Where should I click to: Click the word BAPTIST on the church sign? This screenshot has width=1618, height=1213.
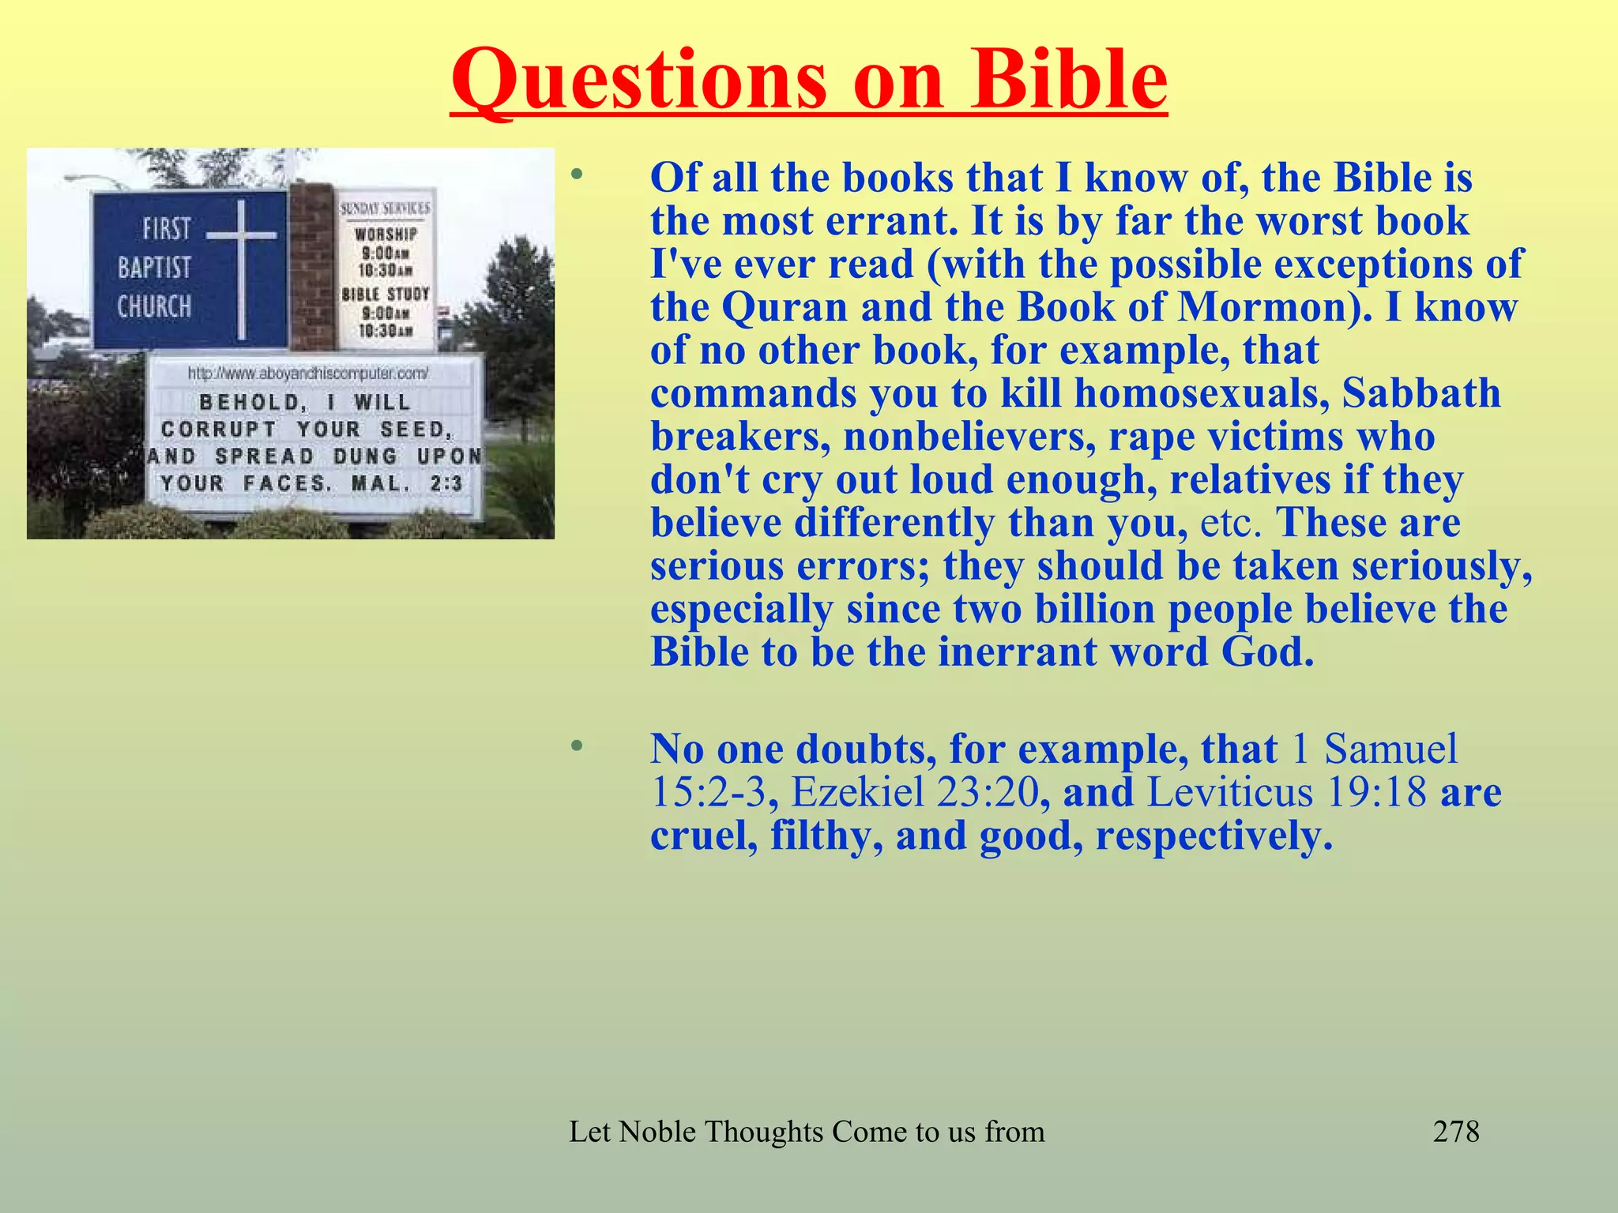155,268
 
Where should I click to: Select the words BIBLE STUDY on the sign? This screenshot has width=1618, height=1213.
386,295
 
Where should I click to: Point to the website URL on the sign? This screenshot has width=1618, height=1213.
309,374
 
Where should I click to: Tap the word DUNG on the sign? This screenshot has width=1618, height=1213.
365,456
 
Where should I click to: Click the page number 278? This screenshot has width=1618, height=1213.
1455,1132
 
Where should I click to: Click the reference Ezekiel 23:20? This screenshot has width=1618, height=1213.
914,792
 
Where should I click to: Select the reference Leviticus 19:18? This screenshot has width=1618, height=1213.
1286,792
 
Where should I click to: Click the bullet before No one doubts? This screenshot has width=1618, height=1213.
578,745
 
